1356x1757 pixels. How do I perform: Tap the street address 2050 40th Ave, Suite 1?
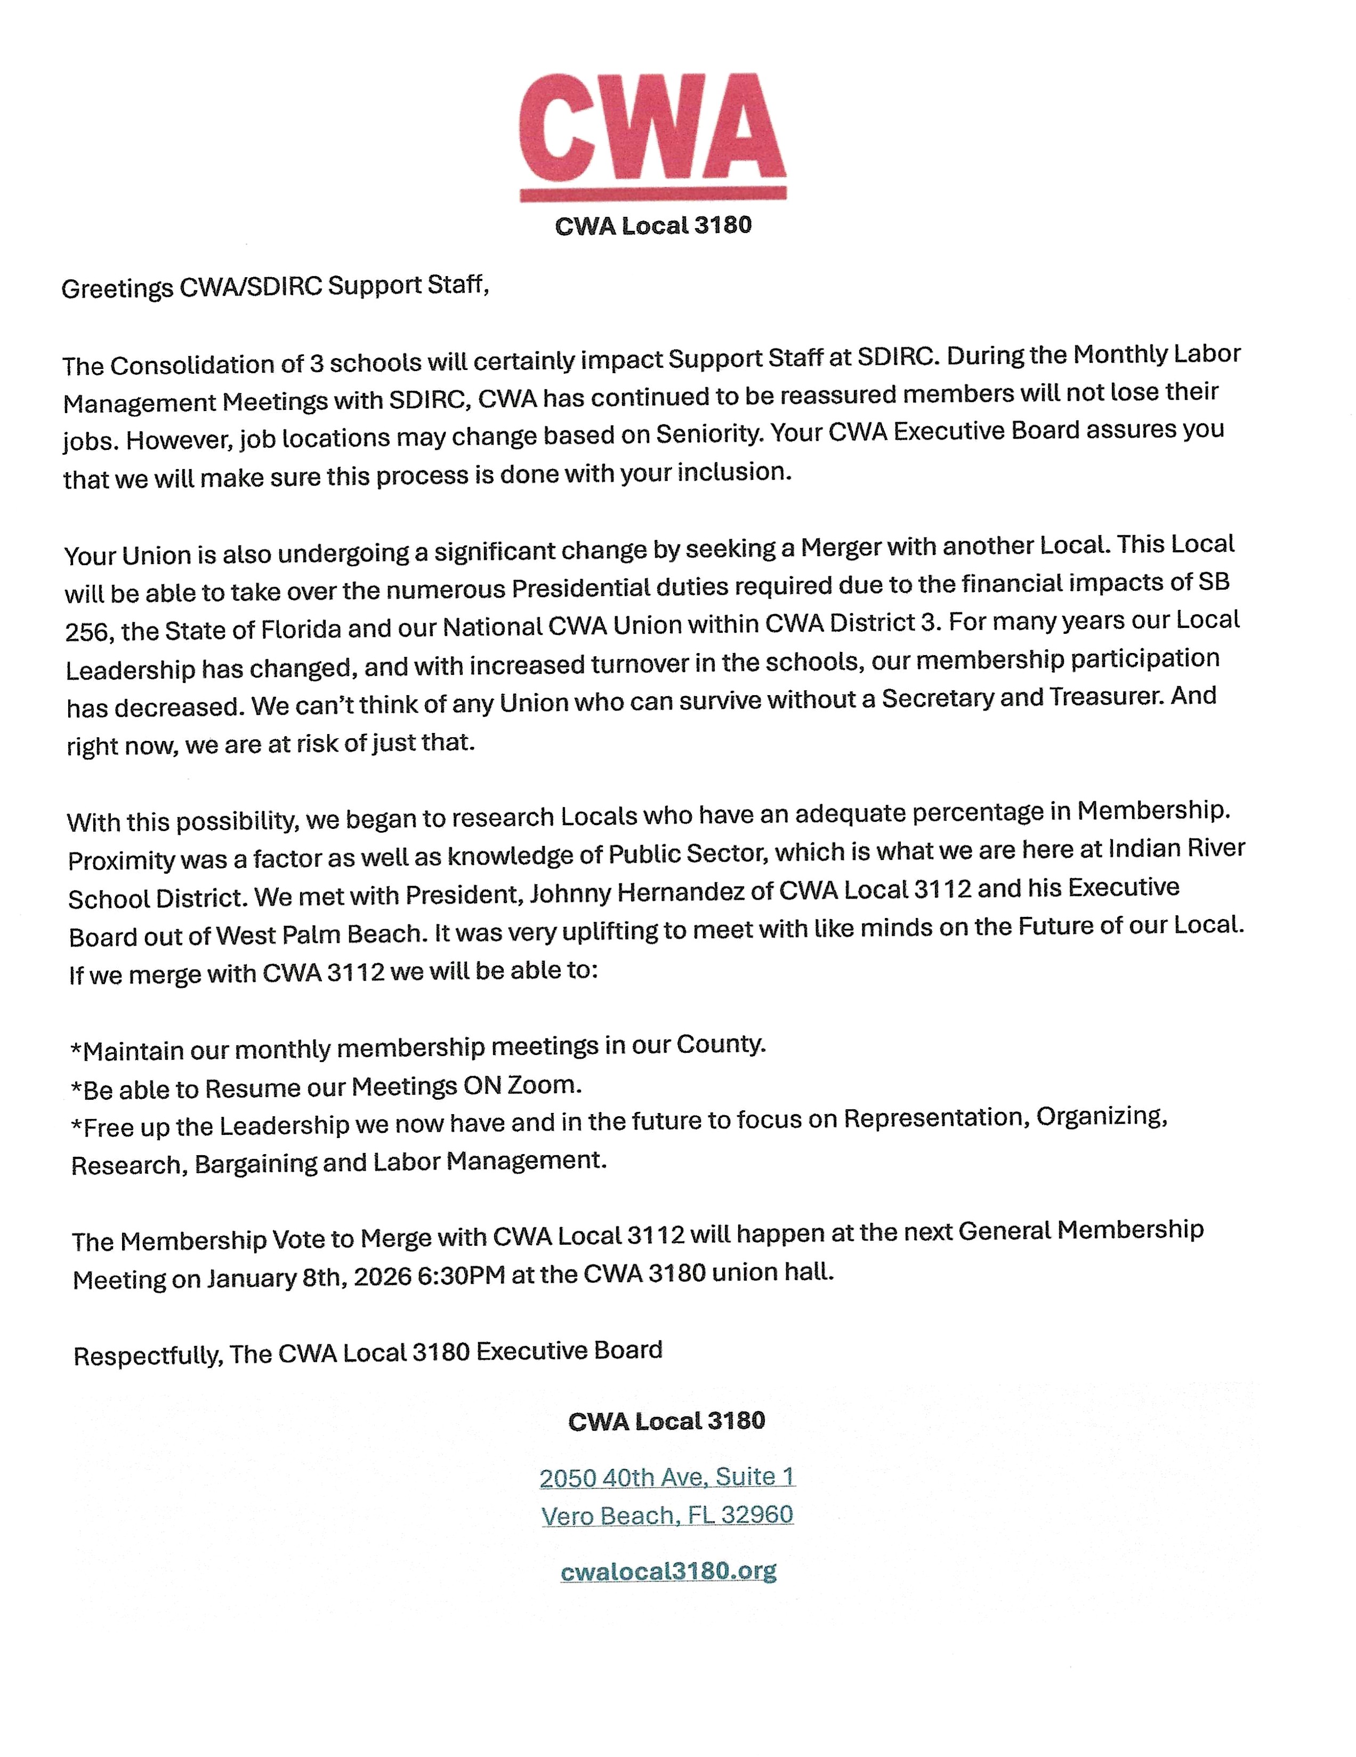[x=667, y=1477]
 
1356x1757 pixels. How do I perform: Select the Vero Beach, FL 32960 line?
[x=667, y=1516]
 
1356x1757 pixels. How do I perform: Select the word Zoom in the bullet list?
[x=542, y=1085]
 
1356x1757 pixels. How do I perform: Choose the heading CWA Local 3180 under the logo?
[x=652, y=226]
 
